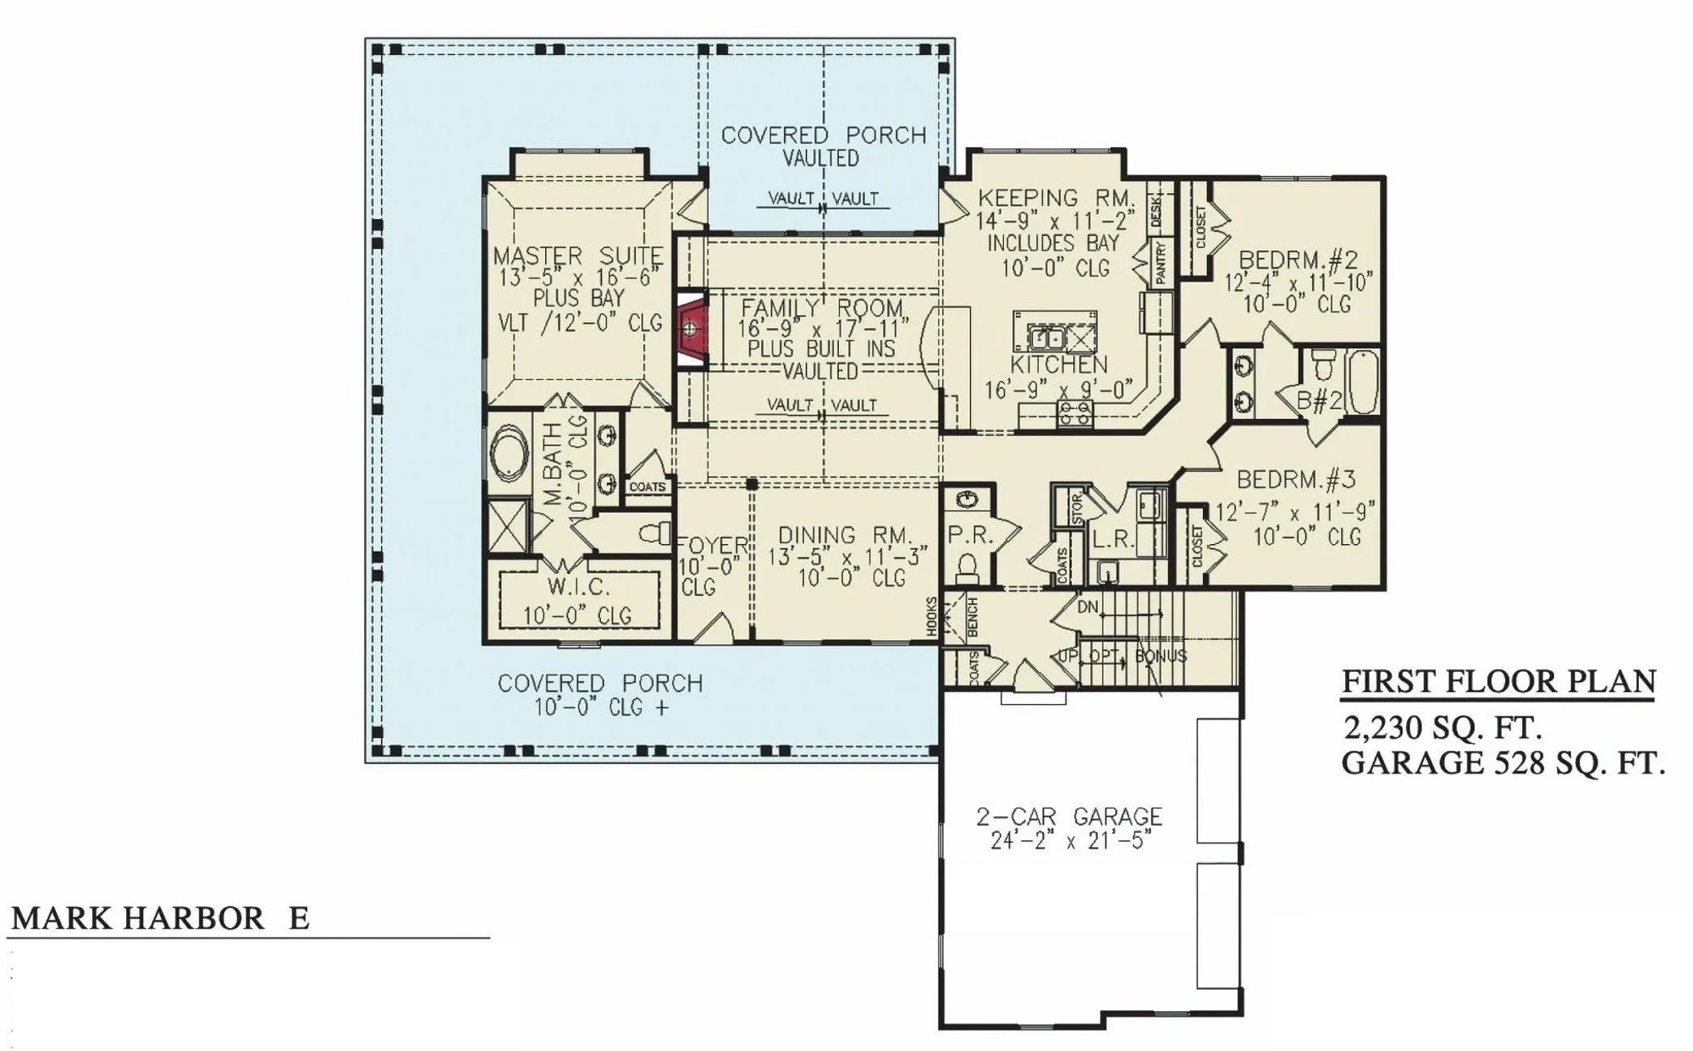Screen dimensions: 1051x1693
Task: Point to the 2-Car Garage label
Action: [x=1068, y=817]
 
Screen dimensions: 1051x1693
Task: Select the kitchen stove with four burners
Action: [x=1075, y=414]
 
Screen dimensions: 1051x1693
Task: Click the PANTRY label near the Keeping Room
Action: [x=1161, y=263]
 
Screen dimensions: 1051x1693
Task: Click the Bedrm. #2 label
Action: [x=1298, y=259]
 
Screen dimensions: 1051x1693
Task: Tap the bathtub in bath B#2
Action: [x=1361, y=383]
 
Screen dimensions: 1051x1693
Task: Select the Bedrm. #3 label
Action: [x=1296, y=480]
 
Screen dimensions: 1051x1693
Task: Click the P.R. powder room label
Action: [x=969, y=536]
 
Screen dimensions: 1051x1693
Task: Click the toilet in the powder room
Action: [x=967, y=565]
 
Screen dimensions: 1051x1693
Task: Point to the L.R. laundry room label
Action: [x=1112, y=540]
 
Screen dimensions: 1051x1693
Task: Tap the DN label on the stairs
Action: [x=1089, y=608]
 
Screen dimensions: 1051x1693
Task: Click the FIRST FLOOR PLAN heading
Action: [x=1498, y=681]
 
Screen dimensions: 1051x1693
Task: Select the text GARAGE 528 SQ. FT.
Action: [x=1503, y=763]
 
